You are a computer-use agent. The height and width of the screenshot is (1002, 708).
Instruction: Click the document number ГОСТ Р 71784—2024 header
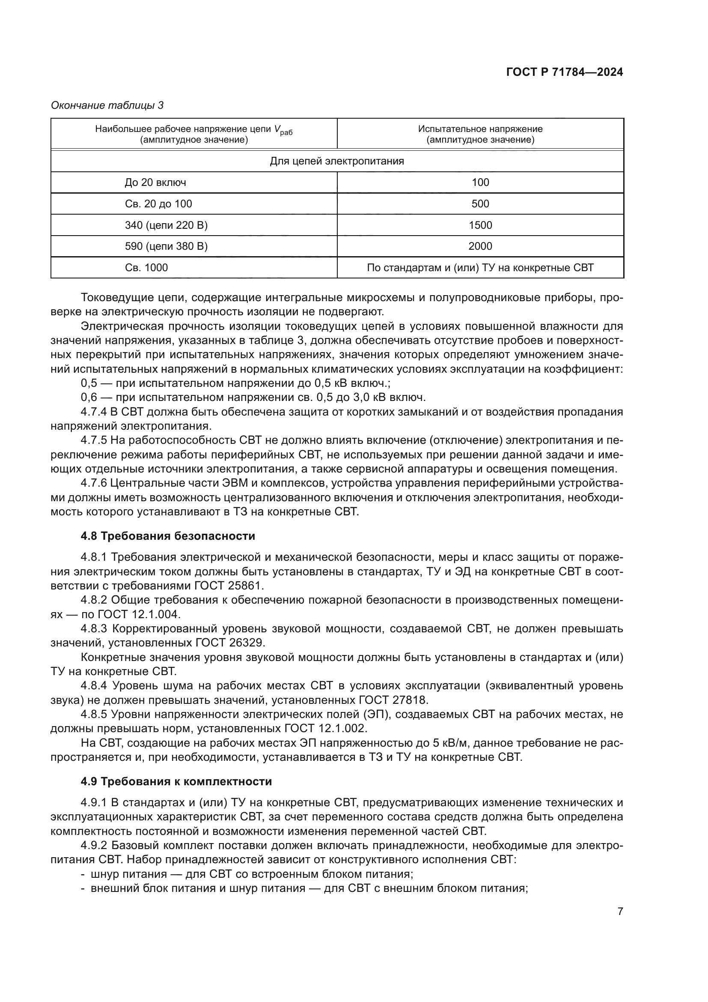point(564,72)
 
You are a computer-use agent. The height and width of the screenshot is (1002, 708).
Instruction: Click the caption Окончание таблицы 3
point(107,105)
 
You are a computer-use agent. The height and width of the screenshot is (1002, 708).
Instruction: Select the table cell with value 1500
point(480,225)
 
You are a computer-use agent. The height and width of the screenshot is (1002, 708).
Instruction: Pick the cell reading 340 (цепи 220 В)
point(166,225)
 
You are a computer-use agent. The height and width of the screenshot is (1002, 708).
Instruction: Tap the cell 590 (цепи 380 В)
point(166,246)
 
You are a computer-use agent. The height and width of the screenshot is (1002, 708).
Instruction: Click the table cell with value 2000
point(480,246)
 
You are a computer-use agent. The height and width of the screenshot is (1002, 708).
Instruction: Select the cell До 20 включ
point(155,182)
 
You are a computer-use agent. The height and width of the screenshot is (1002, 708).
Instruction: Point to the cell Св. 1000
point(146,267)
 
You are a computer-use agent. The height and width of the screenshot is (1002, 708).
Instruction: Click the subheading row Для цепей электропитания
point(336,161)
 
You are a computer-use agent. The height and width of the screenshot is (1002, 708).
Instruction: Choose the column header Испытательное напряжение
point(480,129)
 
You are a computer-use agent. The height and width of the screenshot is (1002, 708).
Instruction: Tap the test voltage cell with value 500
point(480,204)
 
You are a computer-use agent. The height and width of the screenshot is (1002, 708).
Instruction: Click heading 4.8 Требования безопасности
point(168,536)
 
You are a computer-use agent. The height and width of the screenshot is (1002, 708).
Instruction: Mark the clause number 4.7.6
point(94,483)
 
